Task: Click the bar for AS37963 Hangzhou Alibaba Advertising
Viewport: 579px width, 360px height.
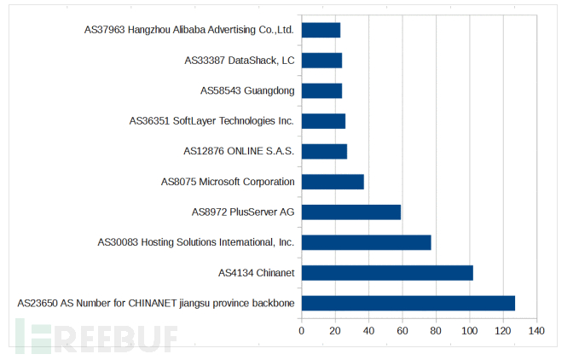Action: pos(321,30)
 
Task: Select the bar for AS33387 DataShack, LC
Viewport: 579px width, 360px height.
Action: pos(322,61)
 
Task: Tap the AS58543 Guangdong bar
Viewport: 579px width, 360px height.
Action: pos(322,90)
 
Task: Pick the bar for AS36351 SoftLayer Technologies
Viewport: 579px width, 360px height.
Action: pos(324,121)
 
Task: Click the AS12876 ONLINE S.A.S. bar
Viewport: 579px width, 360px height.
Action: pos(325,151)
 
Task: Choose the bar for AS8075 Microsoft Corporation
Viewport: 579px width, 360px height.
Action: pos(333,182)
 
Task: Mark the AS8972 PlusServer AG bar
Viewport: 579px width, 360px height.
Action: pos(351,212)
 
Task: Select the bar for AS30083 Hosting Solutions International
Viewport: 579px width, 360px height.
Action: pos(367,242)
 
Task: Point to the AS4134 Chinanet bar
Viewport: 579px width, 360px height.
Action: pos(387,273)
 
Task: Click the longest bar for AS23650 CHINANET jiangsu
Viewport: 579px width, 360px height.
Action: pos(408,303)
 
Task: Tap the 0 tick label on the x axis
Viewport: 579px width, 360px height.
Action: pos(302,330)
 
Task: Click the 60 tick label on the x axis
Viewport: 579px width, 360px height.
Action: pos(402,330)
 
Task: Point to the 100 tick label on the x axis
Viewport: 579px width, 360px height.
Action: pos(469,330)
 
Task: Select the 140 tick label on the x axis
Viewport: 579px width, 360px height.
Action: pos(536,330)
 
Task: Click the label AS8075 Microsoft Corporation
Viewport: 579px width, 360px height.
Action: pos(228,182)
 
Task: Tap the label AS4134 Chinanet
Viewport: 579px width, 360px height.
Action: pos(256,273)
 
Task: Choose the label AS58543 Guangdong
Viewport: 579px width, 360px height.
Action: pos(247,90)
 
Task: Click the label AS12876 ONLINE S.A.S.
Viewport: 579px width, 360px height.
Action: pos(239,151)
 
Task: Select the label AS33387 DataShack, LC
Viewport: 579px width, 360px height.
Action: pos(239,61)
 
